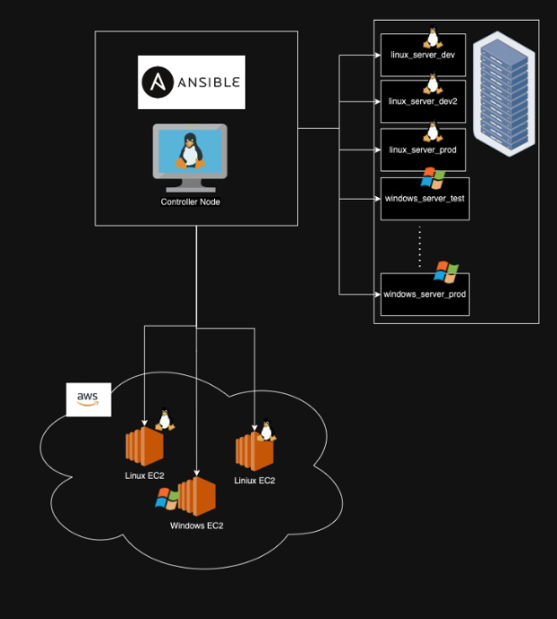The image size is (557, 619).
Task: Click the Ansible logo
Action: [x=191, y=82]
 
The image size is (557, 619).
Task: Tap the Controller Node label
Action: [x=190, y=202]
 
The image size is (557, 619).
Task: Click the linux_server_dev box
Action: [x=423, y=56]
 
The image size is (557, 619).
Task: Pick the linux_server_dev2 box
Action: [x=423, y=102]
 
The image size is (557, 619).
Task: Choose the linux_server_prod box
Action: [x=423, y=149]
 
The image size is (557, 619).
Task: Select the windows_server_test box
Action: [x=424, y=198]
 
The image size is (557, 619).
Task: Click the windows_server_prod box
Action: [x=424, y=294]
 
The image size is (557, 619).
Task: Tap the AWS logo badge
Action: [x=88, y=399]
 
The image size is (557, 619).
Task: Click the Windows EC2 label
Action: [x=196, y=525]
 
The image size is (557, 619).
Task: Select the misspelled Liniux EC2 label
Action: [x=255, y=480]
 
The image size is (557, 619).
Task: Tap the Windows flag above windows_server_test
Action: [x=433, y=177]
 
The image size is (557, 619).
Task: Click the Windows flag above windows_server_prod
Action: [x=445, y=272]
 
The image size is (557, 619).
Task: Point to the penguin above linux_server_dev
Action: [x=433, y=38]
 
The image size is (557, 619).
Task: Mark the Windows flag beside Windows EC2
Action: [x=166, y=498]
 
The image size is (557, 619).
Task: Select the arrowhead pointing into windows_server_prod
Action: [x=376, y=294]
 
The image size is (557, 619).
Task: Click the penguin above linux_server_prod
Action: [x=433, y=131]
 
